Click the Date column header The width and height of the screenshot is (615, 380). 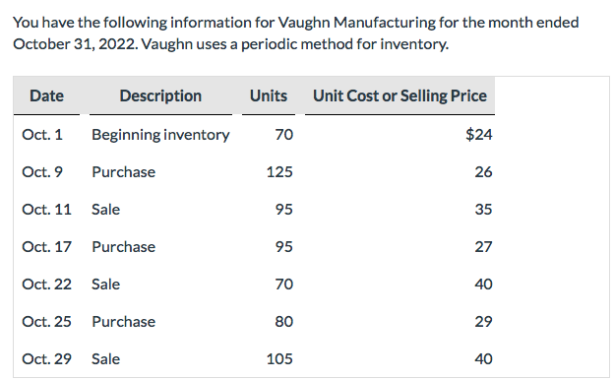46,95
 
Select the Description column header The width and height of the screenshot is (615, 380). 160,95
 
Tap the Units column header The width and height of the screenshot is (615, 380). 269,95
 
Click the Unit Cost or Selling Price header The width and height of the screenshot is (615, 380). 400,95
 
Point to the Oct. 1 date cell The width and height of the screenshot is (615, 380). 42,135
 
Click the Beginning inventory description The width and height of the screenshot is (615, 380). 160,135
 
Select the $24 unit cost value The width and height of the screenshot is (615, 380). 479,135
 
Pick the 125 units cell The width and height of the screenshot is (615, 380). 279,172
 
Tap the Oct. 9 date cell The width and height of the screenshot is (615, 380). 42,172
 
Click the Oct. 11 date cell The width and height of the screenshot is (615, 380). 46,210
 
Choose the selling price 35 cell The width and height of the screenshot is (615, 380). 483,210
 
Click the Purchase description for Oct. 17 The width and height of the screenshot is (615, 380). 123,247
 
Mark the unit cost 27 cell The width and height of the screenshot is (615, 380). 483,247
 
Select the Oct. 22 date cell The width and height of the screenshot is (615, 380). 46,285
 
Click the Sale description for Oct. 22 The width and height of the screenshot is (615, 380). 105,285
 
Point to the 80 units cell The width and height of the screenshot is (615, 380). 283,322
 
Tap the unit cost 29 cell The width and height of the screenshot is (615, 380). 483,322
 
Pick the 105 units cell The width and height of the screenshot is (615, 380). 279,359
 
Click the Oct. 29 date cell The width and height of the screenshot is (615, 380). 46,359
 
